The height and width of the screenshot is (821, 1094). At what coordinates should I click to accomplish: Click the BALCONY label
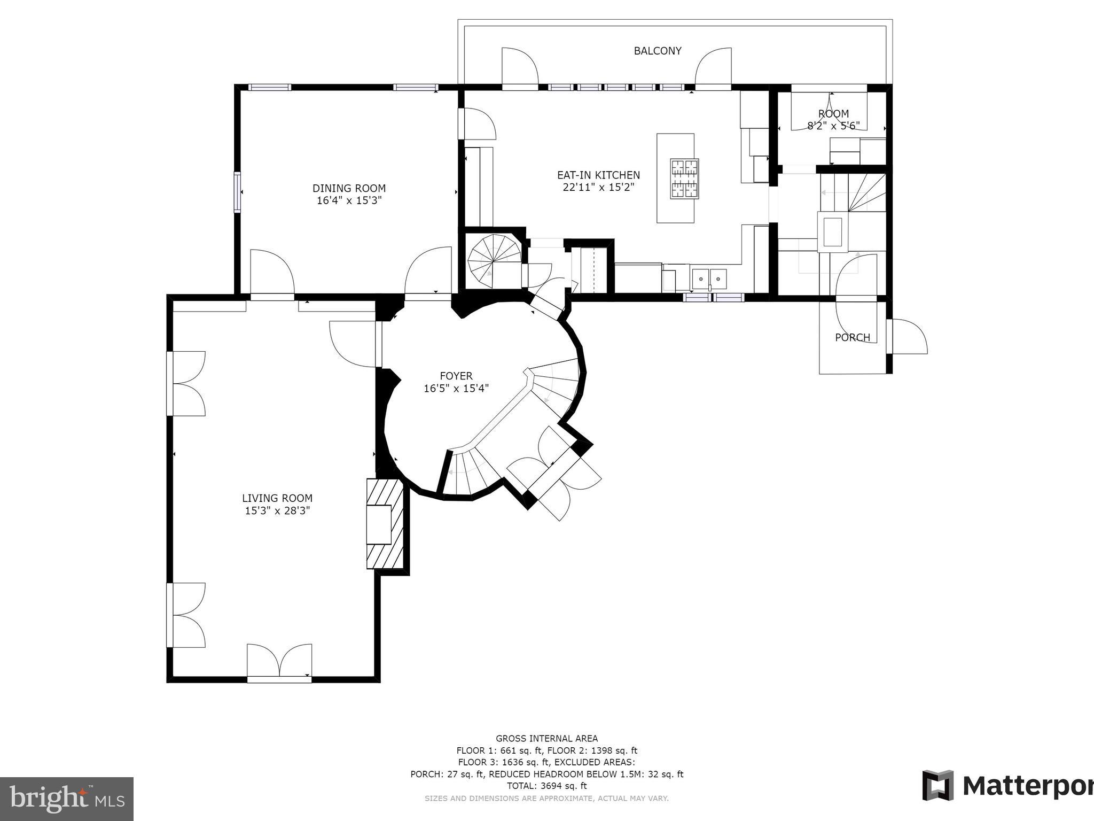(x=657, y=51)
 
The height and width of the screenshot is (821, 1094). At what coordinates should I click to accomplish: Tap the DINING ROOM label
(x=349, y=188)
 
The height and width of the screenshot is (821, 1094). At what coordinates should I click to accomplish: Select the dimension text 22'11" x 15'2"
(x=598, y=187)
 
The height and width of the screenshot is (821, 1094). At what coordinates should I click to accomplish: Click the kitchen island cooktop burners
(x=684, y=179)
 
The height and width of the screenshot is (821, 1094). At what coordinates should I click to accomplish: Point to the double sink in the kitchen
(x=709, y=278)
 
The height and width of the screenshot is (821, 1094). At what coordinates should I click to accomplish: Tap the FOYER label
(x=456, y=376)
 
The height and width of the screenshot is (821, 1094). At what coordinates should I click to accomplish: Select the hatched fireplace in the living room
(x=384, y=523)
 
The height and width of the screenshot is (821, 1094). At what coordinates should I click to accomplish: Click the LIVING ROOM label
(x=277, y=498)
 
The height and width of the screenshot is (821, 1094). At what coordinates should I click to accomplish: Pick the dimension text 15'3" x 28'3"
(x=277, y=511)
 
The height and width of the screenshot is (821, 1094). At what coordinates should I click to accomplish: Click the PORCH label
(x=852, y=337)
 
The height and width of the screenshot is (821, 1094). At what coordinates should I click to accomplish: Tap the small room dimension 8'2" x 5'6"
(x=833, y=126)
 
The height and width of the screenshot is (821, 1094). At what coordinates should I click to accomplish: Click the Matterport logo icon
(x=938, y=785)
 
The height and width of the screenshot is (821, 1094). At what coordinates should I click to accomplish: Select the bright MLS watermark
(x=66, y=799)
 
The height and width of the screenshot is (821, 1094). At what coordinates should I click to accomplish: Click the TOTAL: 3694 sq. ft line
(x=546, y=786)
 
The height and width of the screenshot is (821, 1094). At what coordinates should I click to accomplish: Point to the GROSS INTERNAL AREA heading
(x=546, y=739)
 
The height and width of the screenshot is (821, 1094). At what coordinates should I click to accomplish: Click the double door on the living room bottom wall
(x=279, y=663)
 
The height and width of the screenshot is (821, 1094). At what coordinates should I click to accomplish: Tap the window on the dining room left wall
(x=237, y=192)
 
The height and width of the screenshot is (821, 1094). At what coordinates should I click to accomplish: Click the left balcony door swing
(x=519, y=67)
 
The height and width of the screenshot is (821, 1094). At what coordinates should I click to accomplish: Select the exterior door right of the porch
(x=908, y=337)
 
